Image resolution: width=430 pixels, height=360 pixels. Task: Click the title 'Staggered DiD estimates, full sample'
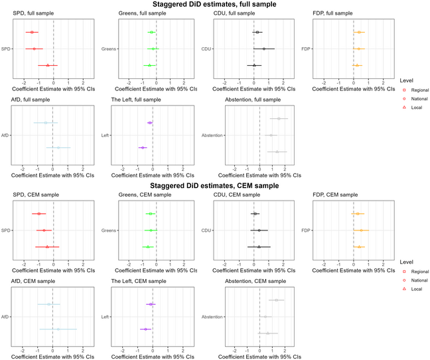click(215, 5)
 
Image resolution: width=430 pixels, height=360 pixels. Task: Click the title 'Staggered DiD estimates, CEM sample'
click(215, 185)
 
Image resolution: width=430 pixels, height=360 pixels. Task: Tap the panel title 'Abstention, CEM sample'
click(254, 283)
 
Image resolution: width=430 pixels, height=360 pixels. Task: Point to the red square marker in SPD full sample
click(31, 32)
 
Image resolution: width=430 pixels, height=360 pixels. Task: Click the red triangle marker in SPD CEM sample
click(47, 246)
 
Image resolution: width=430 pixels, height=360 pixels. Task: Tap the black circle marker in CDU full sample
click(263, 48)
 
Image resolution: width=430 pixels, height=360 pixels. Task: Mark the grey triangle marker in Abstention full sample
click(277, 152)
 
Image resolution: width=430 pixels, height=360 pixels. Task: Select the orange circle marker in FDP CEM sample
click(362, 230)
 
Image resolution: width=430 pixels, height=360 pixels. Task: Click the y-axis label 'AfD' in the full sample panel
click(6, 135)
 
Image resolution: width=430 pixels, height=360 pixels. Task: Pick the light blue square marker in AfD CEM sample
click(49, 304)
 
